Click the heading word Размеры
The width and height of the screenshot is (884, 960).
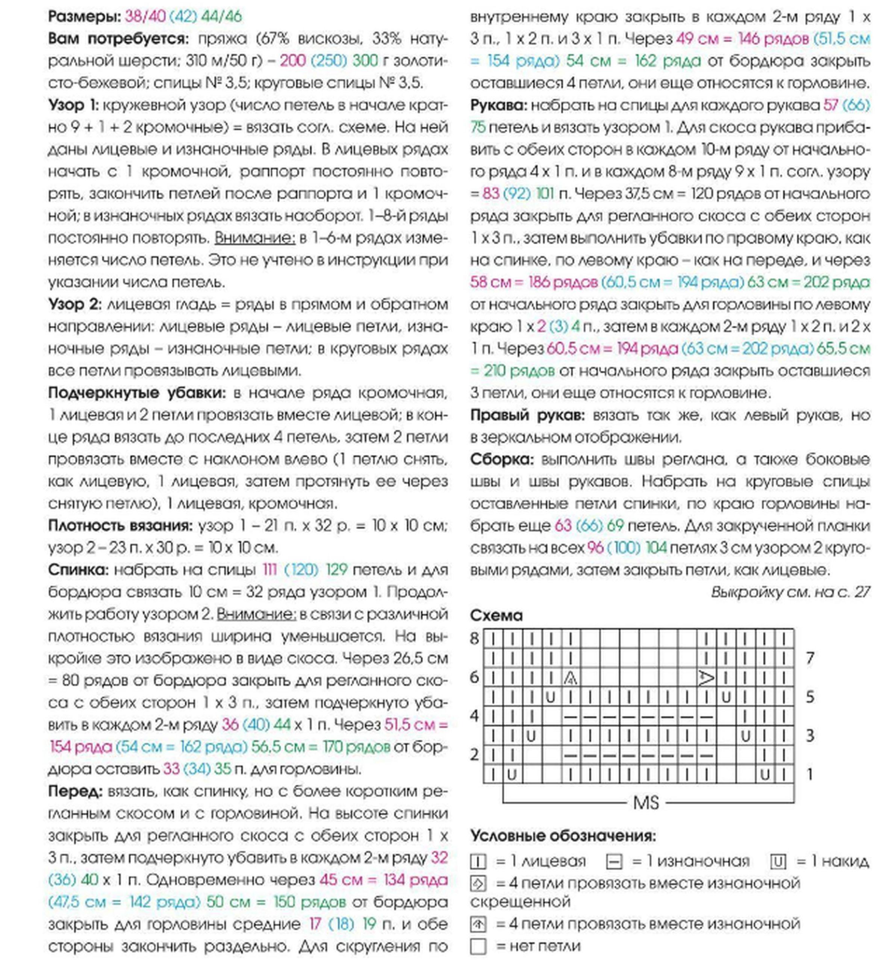point(84,17)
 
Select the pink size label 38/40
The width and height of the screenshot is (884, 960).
point(145,17)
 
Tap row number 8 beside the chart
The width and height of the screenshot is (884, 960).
point(474,639)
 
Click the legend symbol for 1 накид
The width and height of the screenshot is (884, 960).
point(778,862)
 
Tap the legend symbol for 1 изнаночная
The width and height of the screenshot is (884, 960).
point(614,862)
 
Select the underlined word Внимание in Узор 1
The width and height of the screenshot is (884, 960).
point(254,237)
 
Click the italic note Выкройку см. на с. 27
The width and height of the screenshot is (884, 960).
point(790,592)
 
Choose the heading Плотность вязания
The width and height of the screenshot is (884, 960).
point(120,525)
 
